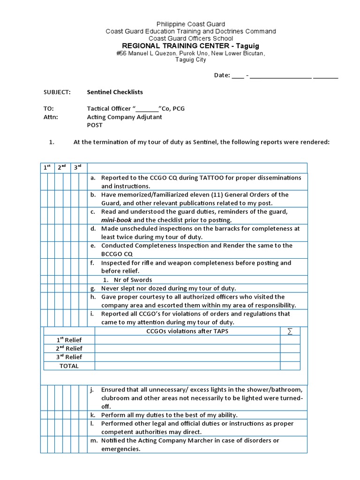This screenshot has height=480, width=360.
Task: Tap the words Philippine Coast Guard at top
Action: [190, 24]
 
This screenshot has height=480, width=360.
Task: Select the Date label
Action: [222, 75]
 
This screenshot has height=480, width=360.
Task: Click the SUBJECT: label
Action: [57, 92]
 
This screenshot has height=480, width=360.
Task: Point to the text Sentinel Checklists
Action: [115, 92]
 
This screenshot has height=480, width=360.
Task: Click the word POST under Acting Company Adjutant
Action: [95, 125]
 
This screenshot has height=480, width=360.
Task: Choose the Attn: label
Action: [51, 117]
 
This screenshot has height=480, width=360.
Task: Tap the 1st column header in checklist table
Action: [47, 167]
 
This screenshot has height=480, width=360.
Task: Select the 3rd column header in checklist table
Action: [78, 167]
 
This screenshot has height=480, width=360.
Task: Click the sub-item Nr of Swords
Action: [133, 280]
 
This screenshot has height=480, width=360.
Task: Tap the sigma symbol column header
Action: [290, 331]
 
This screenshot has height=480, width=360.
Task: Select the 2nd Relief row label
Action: [69, 348]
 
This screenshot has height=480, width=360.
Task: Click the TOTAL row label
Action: [69, 366]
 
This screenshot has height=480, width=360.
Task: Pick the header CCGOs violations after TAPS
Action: [187, 331]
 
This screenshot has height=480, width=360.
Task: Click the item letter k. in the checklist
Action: [93, 415]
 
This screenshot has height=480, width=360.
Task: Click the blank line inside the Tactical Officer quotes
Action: [146, 108]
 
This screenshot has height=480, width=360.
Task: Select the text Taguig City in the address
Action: [191, 60]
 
